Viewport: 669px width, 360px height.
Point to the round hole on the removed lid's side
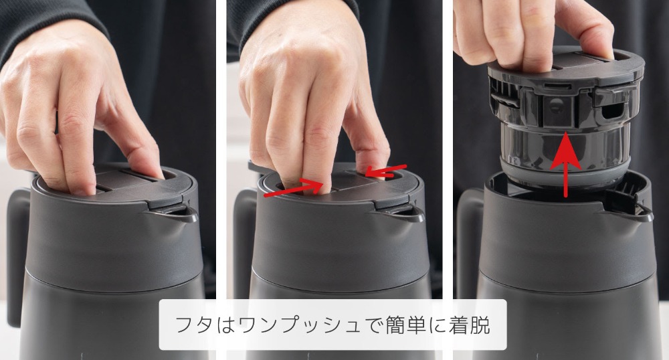(555, 106)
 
